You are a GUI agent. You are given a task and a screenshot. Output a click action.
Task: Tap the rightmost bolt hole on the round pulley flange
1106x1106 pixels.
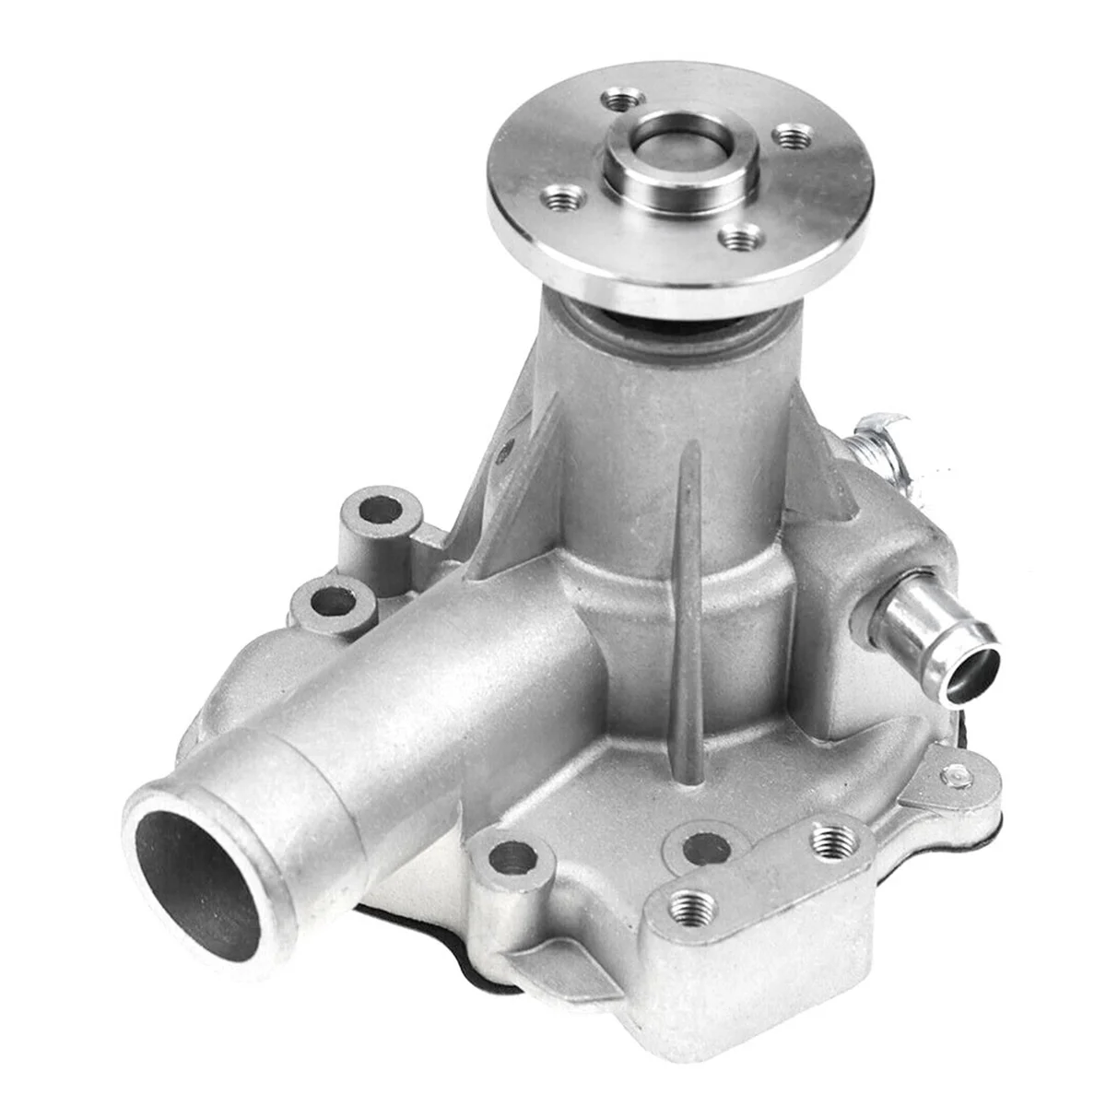pos(793,138)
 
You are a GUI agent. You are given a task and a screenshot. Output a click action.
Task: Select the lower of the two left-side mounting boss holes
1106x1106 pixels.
pos(334,604)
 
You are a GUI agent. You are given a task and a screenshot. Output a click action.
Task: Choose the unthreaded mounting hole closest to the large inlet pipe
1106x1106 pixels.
pos(513,859)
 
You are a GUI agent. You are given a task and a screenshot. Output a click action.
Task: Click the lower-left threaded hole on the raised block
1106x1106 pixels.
pos(692,900)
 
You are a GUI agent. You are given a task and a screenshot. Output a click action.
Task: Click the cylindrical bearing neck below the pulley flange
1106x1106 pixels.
pos(673,433)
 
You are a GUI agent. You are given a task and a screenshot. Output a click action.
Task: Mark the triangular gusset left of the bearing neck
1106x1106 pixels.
pos(516,479)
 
